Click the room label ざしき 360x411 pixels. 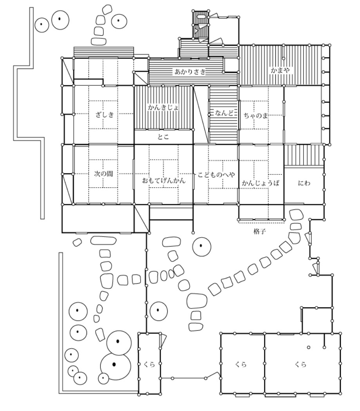click(x=105, y=115)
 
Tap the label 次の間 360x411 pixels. click(x=103, y=174)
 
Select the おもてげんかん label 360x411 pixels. click(x=164, y=180)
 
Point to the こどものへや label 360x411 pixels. click(x=216, y=175)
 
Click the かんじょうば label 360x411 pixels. click(x=261, y=183)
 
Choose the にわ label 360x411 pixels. click(x=304, y=183)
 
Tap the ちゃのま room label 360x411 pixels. click(x=256, y=115)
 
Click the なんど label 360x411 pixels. click(x=224, y=113)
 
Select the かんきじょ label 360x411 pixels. click(x=163, y=107)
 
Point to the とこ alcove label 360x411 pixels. click(x=163, y=137)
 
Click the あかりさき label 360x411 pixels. click(x=190, y=72)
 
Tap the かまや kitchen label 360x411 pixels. click(x=280, y=70)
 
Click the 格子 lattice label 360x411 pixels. click(x=259, y=231)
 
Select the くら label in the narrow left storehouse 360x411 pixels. click(x=149, y=364)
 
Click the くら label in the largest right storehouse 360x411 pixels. click(x=300, y=364)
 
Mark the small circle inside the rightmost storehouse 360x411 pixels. click(x=309, y=347)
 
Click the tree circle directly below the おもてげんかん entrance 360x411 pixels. click(x=201, y=246)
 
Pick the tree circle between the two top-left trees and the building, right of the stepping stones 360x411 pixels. click(x=119, y=21)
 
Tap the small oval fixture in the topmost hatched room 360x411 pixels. click(x=201, y=16)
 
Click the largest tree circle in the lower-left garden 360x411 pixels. click(x=116, y=364)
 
